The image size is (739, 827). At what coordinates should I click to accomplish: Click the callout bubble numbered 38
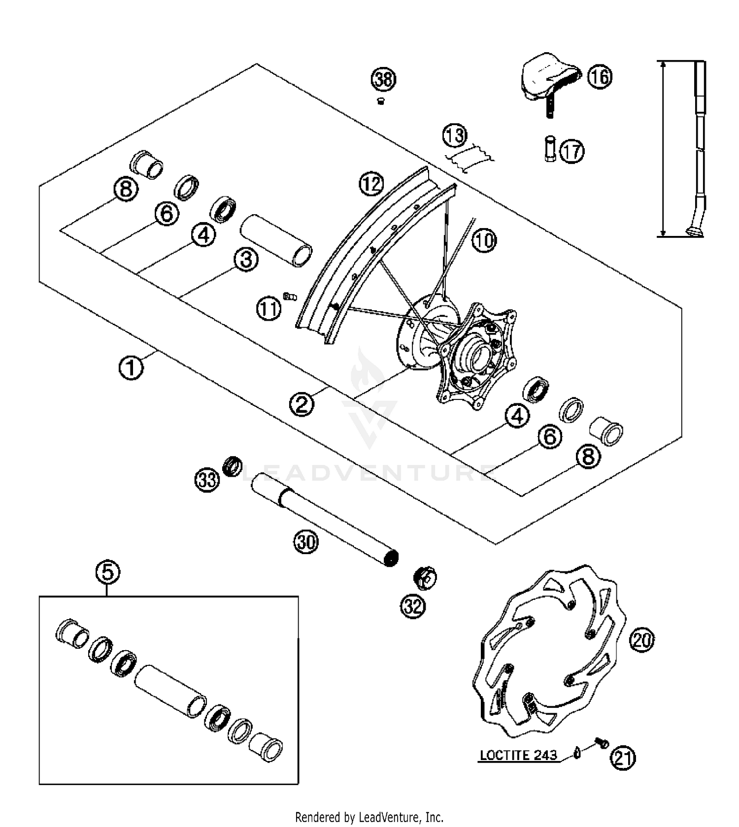[x=383, y=79]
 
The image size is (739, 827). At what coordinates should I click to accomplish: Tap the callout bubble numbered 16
[x=599, y=77]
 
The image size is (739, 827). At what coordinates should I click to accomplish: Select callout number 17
[x=571, y=151]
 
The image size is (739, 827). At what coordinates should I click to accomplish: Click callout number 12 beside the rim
[x=371, y=184]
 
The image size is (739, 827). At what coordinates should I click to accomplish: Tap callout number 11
[x=269, y=309]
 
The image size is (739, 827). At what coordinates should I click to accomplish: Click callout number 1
[x=131, y=367]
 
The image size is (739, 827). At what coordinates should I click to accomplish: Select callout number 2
[x=302, y=404]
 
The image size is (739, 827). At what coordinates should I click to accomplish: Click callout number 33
[x=206, y=479]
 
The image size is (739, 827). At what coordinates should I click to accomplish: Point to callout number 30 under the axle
[x=306, y=542]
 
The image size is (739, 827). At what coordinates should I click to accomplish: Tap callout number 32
[x=413, y=606]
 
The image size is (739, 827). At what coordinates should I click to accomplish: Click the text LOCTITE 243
[x=518, y=755]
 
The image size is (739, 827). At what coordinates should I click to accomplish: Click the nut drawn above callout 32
[x=425, y=578]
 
